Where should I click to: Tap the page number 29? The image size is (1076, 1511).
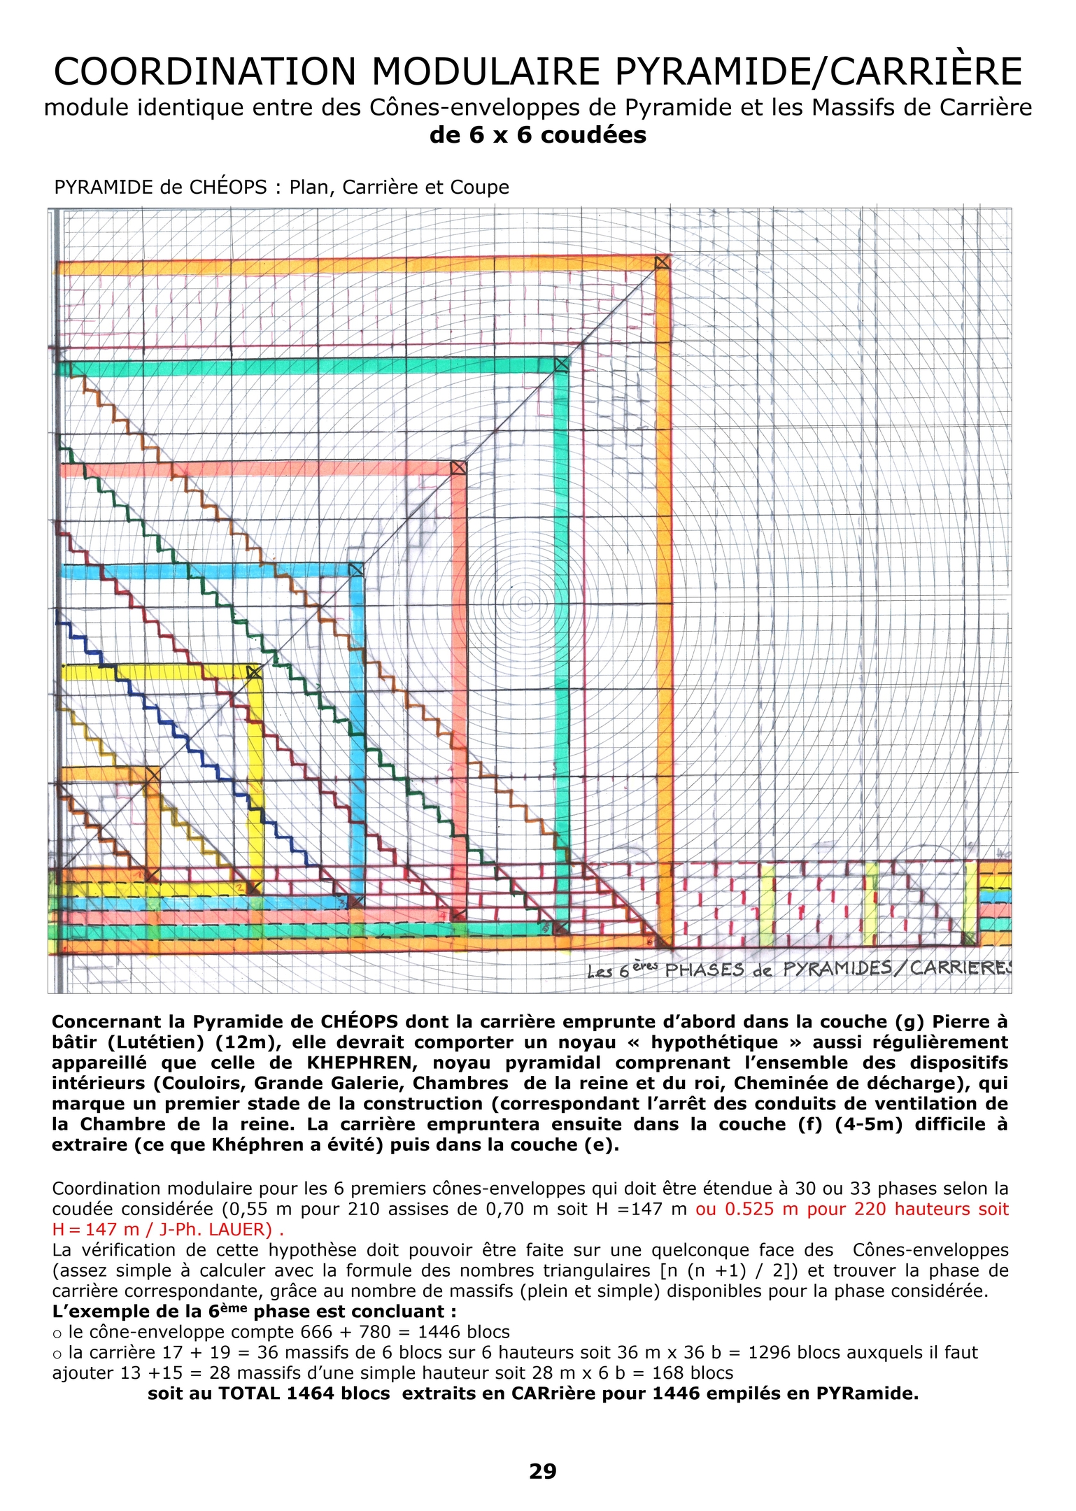pos(543,1471)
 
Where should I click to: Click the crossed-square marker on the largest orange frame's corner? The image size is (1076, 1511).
pos(662,262)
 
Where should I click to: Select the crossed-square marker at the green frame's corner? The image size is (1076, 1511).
pos(561,364)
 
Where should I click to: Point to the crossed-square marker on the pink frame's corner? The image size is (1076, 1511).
pos(458,467)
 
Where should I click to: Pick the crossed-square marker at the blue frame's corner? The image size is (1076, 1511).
pos(355,569)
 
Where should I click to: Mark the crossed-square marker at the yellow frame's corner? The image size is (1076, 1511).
pos(254,672)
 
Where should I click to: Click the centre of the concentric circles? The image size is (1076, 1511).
pos(523,602)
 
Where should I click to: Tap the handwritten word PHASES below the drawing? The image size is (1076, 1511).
pos(705,970)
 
